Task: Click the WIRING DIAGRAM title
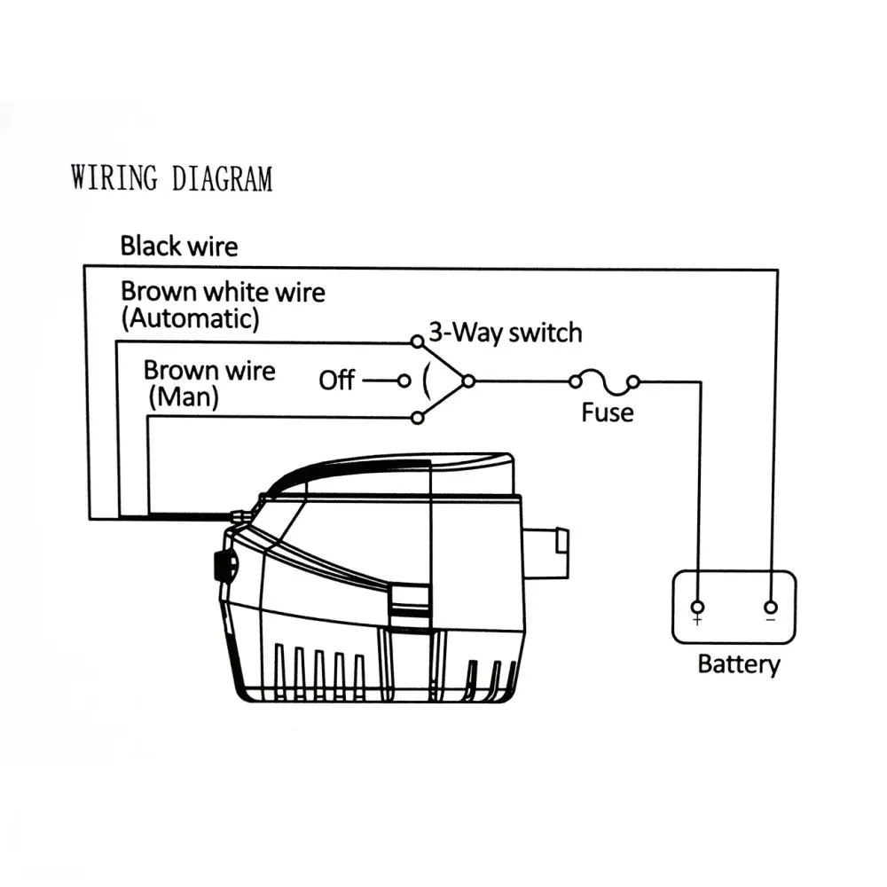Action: [171, 177]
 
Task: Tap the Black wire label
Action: [179, 246]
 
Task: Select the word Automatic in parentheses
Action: [191, 318]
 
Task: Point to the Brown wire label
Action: [209, 370]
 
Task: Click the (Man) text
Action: [183, 396]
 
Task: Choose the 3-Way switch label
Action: [506, 333]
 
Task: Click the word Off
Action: [337, 381]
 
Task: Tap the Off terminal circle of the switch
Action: [404, 381]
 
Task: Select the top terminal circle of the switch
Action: [416, 341]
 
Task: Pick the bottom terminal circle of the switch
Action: [416, 418]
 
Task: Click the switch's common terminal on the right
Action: [468, 381]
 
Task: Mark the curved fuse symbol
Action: [604, 381]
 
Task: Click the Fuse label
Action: [608, 412]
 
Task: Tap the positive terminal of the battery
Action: [698, 608]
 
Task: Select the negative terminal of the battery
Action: [770, 608]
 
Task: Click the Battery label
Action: [739, 664]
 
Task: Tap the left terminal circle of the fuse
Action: [575, 382]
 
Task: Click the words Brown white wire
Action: [223, 291]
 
